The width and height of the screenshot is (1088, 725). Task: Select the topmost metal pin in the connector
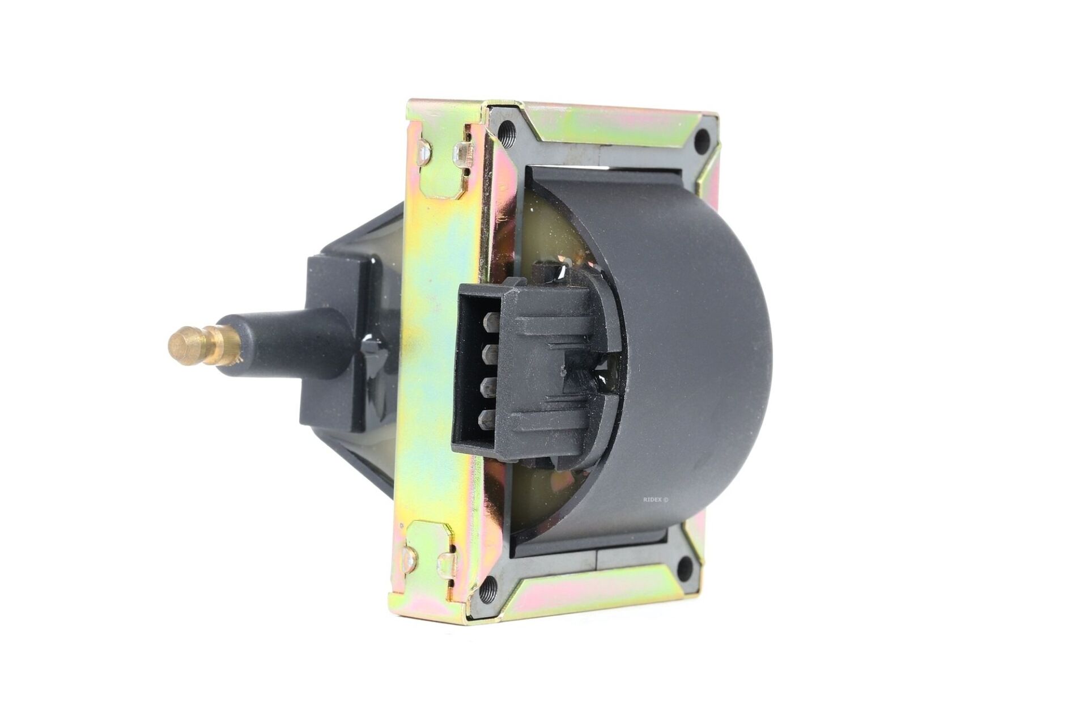486,326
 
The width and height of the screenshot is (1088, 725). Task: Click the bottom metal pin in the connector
486,418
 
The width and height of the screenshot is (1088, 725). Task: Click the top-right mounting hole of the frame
703,138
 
